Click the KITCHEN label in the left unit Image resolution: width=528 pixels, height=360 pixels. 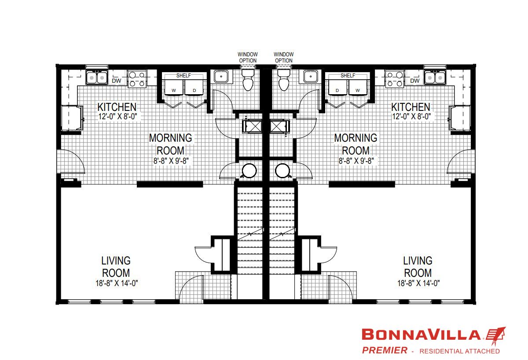117,107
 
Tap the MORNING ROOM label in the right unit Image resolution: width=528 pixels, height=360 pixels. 356,144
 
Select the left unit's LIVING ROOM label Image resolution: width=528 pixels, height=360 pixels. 116,267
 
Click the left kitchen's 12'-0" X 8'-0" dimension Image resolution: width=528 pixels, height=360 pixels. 117,117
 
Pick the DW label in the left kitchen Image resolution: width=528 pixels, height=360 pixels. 117,81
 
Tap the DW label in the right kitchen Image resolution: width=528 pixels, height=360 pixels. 414,81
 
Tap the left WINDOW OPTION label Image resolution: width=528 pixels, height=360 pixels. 248,57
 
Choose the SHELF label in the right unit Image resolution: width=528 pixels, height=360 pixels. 348,76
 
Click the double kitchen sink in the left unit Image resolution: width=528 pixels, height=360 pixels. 97,78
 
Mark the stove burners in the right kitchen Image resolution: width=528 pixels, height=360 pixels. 395,78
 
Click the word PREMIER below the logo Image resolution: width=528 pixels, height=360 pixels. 384,351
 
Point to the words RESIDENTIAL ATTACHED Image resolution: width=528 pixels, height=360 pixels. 459,351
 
